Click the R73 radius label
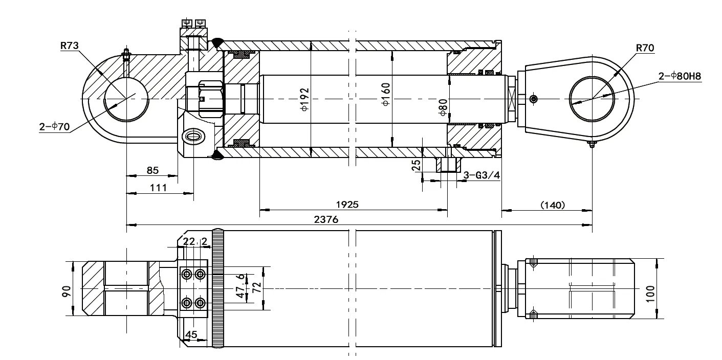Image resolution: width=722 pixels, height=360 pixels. [x=69, y=46]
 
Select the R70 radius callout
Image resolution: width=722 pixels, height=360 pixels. [x=645, y=49]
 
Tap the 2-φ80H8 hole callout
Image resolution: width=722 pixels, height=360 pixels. [x=680, y=77]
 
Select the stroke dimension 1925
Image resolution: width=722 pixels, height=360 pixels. [x=347, y=204]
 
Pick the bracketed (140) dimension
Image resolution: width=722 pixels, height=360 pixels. [x=553, y=205]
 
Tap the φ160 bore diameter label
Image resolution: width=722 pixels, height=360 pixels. [x=386, y=94]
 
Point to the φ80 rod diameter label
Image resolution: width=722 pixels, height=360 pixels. [x=443, y=107]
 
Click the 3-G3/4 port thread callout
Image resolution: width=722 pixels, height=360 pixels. [x=481, y=175]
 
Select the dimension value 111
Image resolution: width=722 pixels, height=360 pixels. [x=159, y=188]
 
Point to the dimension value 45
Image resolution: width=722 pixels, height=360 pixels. [x=191, y=334]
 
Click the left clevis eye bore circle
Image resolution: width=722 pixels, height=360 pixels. [x=126, y=99]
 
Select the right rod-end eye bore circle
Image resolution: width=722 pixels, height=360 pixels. [x=592, y=99]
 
